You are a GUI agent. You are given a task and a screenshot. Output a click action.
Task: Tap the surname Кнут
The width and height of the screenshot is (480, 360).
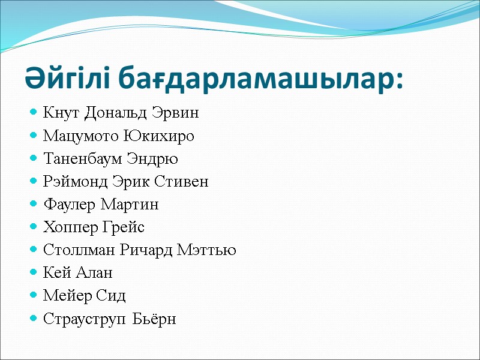(62, 113)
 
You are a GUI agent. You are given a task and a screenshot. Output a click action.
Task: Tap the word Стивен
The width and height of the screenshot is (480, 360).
(183, 182)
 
